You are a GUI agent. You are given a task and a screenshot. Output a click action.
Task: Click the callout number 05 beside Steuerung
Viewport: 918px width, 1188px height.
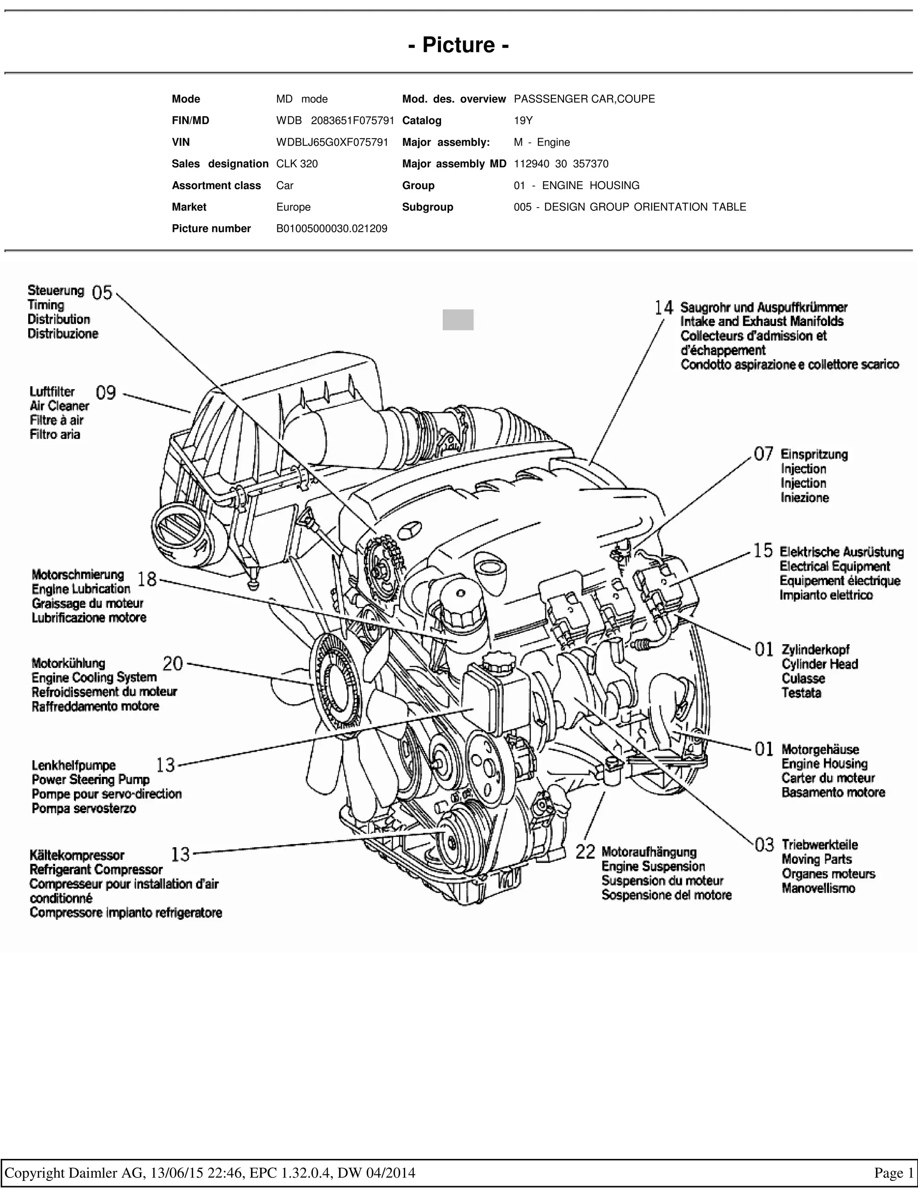point(102,293)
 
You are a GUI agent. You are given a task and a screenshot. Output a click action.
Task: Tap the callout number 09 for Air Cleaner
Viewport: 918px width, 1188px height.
point(106,392)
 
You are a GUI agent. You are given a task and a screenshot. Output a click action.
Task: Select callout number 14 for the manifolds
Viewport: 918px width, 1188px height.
point(664,308)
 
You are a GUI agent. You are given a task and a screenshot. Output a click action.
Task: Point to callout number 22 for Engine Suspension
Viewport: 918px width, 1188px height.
point(586,851)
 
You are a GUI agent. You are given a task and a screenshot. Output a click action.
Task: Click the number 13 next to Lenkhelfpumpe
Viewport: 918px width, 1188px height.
point(165,765)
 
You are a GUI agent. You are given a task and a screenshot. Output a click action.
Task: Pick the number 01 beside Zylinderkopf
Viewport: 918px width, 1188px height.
point(764,649)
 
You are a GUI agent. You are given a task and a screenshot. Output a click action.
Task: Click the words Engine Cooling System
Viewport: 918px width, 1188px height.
point(94,677)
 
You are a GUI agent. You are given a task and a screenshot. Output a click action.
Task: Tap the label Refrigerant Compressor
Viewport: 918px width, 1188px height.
point(96,869)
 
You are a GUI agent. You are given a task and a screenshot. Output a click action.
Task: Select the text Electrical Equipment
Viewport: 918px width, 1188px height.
point(835,566)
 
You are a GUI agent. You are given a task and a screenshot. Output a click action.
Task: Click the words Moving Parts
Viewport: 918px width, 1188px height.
point(817,859)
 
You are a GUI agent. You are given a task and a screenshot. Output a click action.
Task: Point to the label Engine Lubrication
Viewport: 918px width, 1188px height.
point(81,589)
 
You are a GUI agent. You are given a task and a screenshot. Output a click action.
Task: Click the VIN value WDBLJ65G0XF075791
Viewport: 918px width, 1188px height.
point(332,143)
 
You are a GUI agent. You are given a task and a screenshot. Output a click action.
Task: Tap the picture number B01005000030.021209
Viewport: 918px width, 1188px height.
point(332,229)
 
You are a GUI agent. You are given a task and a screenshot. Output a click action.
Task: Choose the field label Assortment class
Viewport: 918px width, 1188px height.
point(217,186)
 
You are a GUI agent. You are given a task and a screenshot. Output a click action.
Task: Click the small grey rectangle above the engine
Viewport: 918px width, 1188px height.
point(458,320)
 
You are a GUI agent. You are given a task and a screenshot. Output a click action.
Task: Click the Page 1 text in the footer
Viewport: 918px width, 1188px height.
point(893,1172)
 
